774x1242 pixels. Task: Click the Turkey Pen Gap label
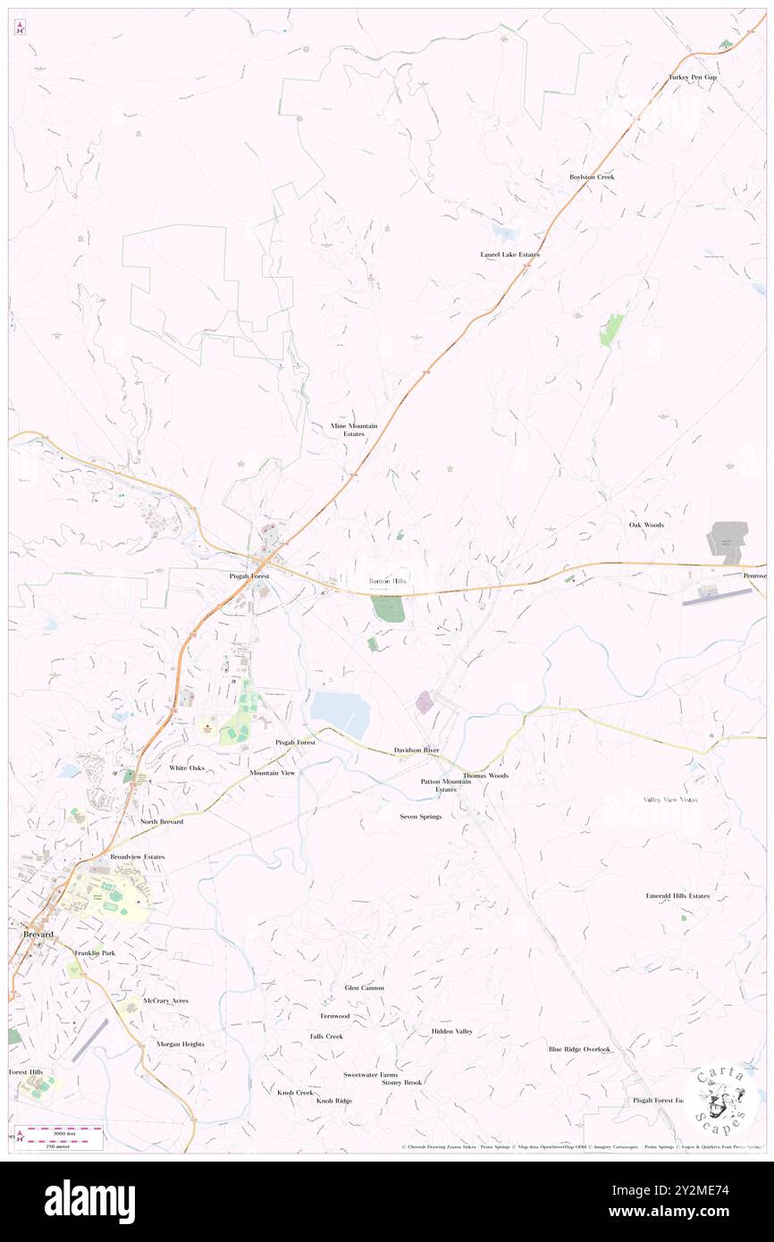[693, 78]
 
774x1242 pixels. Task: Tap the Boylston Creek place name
[592, 177]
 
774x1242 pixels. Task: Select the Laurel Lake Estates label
[509, 255]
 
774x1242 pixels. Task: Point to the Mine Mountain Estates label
[354, 430]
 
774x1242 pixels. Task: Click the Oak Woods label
[646, 524]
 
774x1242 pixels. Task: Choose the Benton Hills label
[388, 581]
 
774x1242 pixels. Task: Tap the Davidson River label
[416, 750]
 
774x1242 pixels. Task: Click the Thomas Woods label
[485, 776]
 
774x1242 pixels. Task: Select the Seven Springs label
[420, 817]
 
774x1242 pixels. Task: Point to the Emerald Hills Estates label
[677, 895]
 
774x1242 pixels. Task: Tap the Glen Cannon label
[365, 987]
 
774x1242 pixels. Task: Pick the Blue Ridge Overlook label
[579, 1049]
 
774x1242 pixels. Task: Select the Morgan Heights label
[181, 1044]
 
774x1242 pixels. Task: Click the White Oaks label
[187, 768]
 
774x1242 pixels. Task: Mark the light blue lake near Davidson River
[341, 713]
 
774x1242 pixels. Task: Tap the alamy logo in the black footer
[89, 1202]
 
